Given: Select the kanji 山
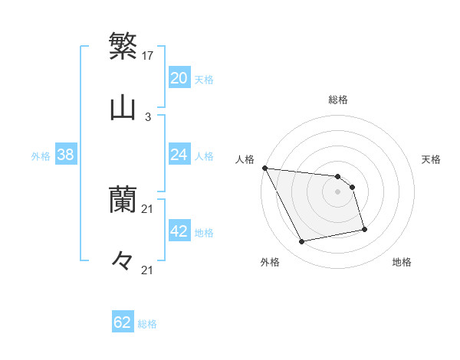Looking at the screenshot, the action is coord(123,108).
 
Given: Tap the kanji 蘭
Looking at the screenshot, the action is coord(123,200).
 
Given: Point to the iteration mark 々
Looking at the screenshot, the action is coord(123,261).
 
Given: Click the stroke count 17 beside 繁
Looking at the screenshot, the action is coord(149,55).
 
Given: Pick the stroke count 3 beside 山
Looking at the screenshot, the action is coord(147,117).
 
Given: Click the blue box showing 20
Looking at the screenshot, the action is coord(179,78).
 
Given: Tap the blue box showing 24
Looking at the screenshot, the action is coord(179,155).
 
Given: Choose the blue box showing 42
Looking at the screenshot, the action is coord(179,231).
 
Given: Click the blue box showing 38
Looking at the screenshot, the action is coord(66,155).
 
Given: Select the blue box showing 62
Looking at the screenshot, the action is coord(123,322).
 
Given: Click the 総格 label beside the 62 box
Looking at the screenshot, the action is coord(147,324).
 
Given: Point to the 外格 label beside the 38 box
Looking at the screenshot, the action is coord(41,156).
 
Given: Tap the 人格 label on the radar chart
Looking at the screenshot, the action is coord(244,159).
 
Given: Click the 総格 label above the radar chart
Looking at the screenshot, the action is coord(338,100).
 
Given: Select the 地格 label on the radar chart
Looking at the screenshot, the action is coord(402,262).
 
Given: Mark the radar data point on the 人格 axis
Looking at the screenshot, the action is coord(264,168).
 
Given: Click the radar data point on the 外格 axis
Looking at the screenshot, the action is coord(302,242).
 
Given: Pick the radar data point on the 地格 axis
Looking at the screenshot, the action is coord(364,229).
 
